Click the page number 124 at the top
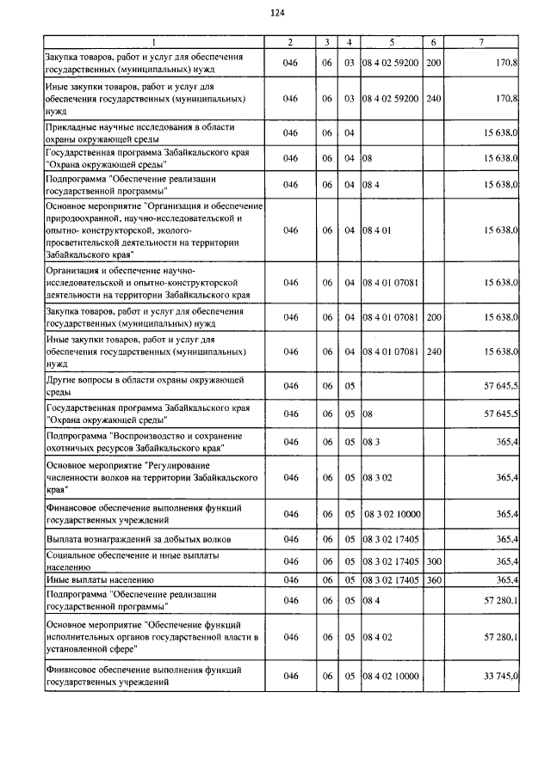click(x=276, y=13)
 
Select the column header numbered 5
click(x=391, y=42)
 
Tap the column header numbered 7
click(x=481, y=42)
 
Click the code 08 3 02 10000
click(x=392, y=514)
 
